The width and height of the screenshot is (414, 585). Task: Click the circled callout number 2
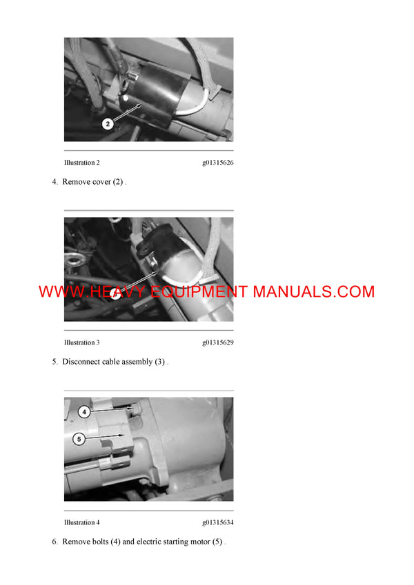(x=108, y=124)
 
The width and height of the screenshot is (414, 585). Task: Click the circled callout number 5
(x=78, y=438)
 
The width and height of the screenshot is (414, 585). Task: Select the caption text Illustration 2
(x=81, y=163)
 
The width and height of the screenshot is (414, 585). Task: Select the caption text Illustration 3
(x=81, y=342)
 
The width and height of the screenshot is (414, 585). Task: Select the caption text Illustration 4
(x=81, y=522)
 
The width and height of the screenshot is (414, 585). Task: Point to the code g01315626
(x=217, y=163)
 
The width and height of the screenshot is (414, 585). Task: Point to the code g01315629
(x=217, y=342)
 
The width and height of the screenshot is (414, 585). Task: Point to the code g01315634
(x=217, y=522)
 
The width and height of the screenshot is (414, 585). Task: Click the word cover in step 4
(x=99, y=182)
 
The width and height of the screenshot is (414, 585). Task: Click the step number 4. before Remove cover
(x=55, y=182)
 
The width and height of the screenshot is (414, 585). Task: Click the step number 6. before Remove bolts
(x=55, y=542)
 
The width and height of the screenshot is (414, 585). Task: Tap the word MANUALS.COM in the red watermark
(x=313, y=291)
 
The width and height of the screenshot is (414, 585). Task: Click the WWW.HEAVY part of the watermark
(x=82, y=291)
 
